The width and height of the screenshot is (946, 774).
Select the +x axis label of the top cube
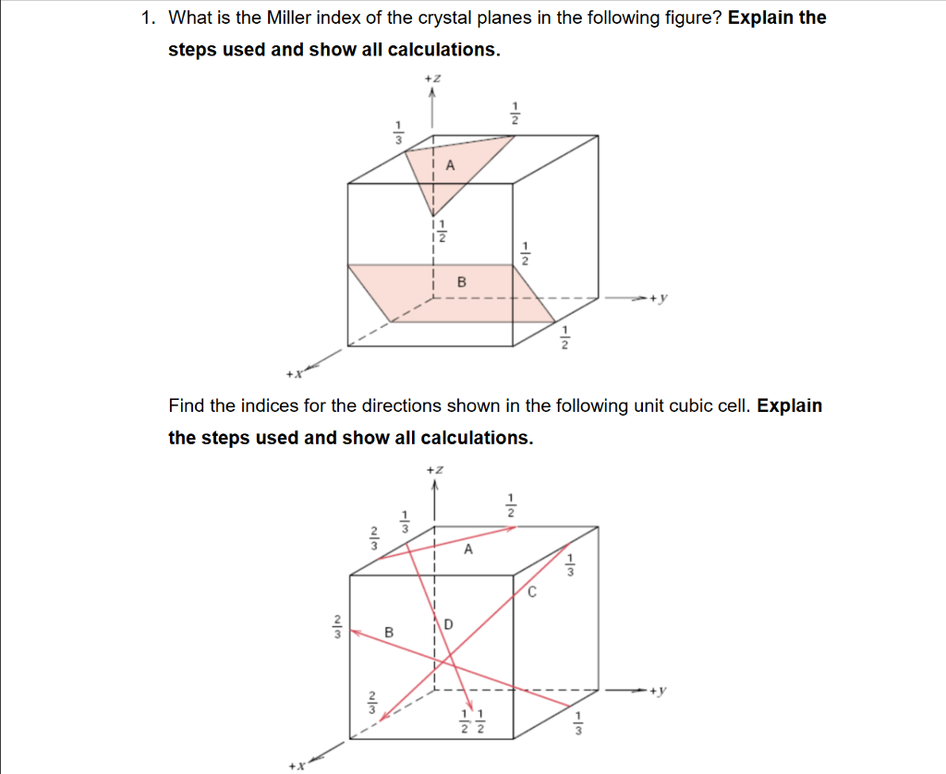pyautogui.click(x=293, y=375)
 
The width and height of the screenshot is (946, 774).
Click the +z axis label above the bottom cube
pyautogui.click(x=434, y=470)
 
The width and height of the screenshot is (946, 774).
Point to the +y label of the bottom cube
pyautogui.click(x=658, y=690)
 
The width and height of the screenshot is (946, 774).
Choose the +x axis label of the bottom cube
pyautogui.click(x=295, y=766)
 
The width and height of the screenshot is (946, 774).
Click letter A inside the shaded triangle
pyautogui.click(x=451, y=166)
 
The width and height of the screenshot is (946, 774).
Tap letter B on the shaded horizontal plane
pyautogui.click(x=462, y=281)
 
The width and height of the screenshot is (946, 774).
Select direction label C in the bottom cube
pyautogui.click(x=532, y=592)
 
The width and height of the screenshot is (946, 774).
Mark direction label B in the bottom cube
pyautogui.click(x=389, y=633)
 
